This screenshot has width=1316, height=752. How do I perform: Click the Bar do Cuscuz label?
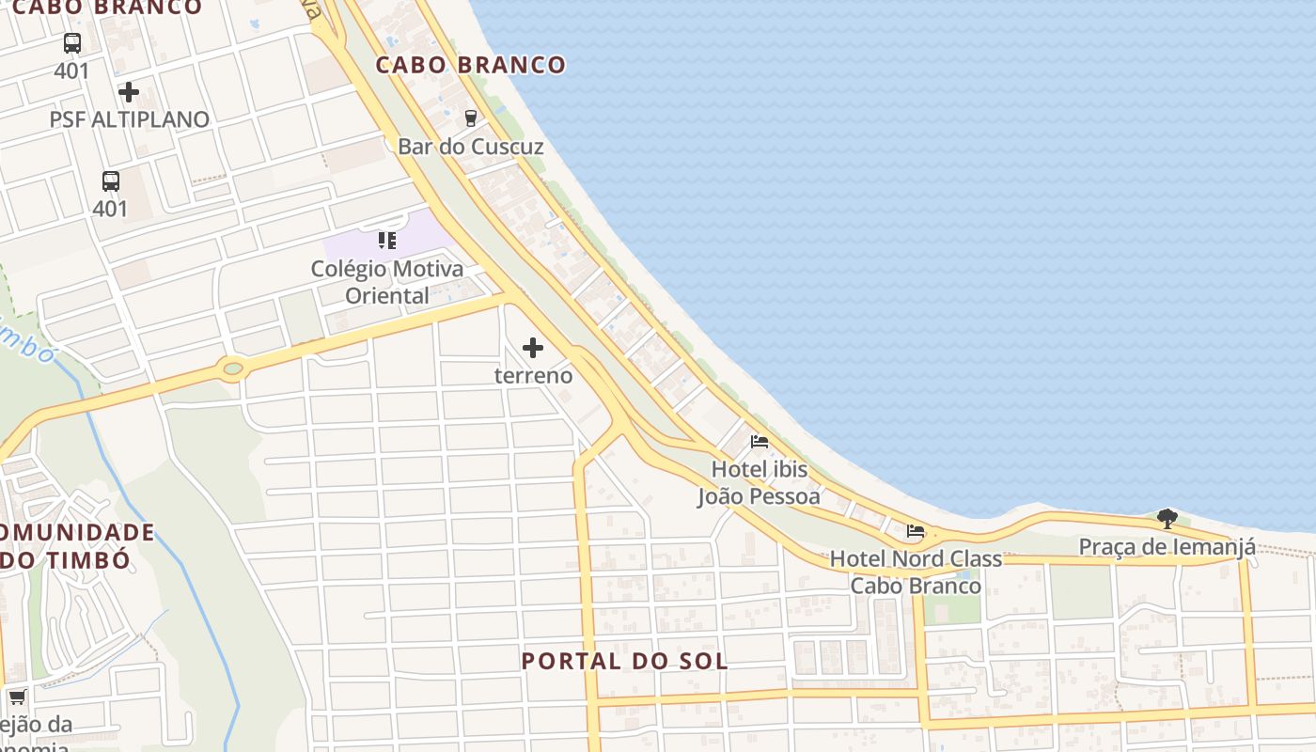[470, 147]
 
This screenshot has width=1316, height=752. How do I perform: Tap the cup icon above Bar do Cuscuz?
[470, 117]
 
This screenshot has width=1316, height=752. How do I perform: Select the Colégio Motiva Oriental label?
[386, 282]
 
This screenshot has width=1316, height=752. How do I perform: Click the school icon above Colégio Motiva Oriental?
[386, 241]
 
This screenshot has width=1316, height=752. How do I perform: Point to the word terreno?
[533, 375]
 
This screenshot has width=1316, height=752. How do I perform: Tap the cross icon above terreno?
[533, 348]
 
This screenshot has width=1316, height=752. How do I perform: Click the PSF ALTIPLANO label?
[130, 119]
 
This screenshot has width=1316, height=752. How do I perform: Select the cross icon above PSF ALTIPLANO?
[129, 92]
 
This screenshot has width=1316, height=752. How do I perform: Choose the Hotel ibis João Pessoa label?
[759, 482]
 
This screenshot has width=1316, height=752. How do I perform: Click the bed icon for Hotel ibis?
[760, 441]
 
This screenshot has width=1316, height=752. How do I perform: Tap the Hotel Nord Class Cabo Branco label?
[916, 572]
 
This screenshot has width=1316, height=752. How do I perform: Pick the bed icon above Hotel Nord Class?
[916, 531]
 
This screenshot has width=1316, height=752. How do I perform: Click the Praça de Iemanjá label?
[1167, 546]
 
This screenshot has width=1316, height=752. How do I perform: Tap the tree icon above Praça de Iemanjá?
[1167, 518]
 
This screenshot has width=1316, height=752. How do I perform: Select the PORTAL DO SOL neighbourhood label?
[624, 661]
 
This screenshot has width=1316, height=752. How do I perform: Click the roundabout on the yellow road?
[233, 368]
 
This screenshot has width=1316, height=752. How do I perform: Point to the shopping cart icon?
[17, 697]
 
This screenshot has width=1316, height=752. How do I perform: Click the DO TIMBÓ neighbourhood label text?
[66, 559]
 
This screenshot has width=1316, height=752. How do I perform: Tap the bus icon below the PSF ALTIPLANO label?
[110, 181]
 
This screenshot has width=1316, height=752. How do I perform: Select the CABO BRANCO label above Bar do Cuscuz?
[471, 65]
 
